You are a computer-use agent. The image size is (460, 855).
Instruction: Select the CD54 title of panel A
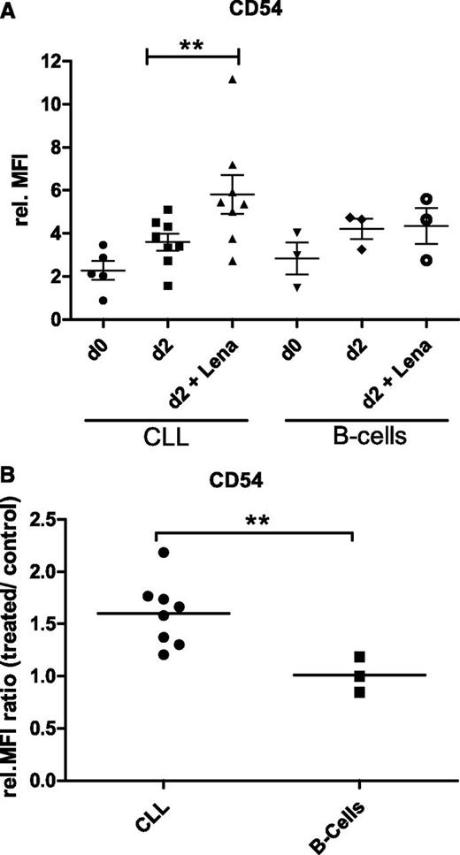tap(238, 11)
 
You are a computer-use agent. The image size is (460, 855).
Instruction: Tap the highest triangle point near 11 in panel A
tap(232, 80)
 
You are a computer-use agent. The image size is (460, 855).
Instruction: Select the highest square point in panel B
tap(358, 657)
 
